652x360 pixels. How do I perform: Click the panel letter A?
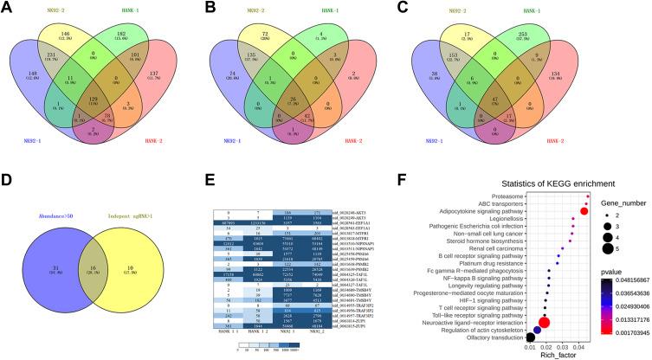click(9, 10)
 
